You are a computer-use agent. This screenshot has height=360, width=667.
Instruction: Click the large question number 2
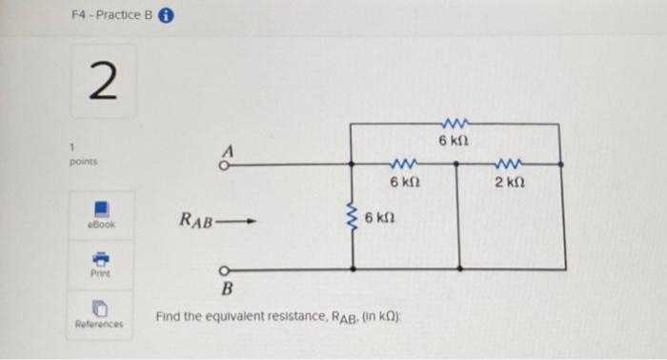(102, 84)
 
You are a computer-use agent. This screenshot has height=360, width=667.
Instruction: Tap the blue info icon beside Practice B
(165, 15)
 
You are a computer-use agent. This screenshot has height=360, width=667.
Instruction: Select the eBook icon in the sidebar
(101, 208)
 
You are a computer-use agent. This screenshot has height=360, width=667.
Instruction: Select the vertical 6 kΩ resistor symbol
(353, 220)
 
